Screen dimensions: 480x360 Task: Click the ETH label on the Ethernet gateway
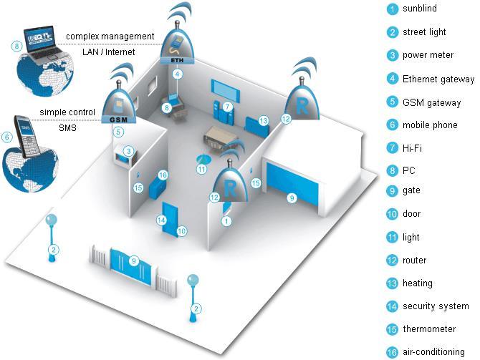[177, 60]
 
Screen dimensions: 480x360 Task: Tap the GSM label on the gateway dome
[118, 120]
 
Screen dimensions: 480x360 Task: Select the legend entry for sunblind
[420, 9]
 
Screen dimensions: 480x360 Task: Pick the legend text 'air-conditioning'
[433, 351]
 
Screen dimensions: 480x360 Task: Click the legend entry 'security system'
[436, 306]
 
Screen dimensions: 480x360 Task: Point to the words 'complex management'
[110, 37]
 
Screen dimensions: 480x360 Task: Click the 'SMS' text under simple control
[67, 127]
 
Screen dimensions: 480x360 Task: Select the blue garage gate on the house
[292, 188]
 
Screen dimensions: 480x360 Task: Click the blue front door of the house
[170, 219]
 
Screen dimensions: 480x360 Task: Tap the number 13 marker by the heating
[263, 121]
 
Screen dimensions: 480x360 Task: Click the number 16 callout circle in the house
[163, 175]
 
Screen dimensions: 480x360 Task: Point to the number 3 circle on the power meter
[128, 151]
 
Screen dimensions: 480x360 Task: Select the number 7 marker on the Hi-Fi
[227, 107]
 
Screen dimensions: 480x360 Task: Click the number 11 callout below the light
[201, 169]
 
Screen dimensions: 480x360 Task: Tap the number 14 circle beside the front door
[161, 220]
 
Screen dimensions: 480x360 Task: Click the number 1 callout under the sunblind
[226, 221]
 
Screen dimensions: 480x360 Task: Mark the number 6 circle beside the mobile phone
[7, 137]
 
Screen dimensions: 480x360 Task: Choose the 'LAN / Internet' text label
[109, 52]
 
